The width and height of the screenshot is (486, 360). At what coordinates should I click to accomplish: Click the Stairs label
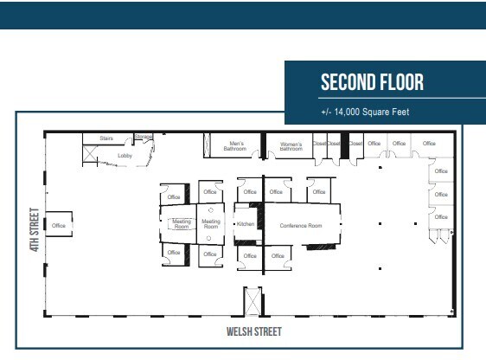pyautogui.click(x=107, y=138)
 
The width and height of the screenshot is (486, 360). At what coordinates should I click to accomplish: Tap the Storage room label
pyautogui.click(x=144, y=137)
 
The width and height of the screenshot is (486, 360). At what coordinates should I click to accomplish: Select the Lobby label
pyautogui.click(x=125, y=156)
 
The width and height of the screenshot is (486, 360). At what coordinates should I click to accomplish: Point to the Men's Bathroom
pyautogui.click(x=236, y=146)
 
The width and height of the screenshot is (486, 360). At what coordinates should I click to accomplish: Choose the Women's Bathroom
pyautogui.click(x=290, y=146)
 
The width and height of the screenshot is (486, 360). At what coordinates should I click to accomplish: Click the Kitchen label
pyautogui.click(x=245, y=224)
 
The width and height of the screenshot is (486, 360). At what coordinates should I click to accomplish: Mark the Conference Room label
pyautogui.click(x=300, y=225)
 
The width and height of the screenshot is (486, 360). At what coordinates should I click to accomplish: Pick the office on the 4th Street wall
pyautogui.click(x=59, y=225)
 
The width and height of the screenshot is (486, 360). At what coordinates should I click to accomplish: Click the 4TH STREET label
pyautogui.click(x=35, y=228)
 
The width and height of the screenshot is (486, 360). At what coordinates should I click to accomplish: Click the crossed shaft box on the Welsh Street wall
pyautogui.click(x=252, y=303)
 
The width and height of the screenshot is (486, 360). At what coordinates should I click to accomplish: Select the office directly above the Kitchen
pyautogui.click(x=249, y=192)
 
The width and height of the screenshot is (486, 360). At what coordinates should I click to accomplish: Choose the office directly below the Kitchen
pyautogui.click(x=249, y=255)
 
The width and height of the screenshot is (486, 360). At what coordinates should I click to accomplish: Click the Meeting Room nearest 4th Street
pyautogui.click(x=181, y=223)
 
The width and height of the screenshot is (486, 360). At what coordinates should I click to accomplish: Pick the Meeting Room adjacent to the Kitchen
pyautogui.click(x=211, y=223)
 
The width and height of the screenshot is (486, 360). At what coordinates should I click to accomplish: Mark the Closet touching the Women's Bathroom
pyautogui.click(x=318, y=144)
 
